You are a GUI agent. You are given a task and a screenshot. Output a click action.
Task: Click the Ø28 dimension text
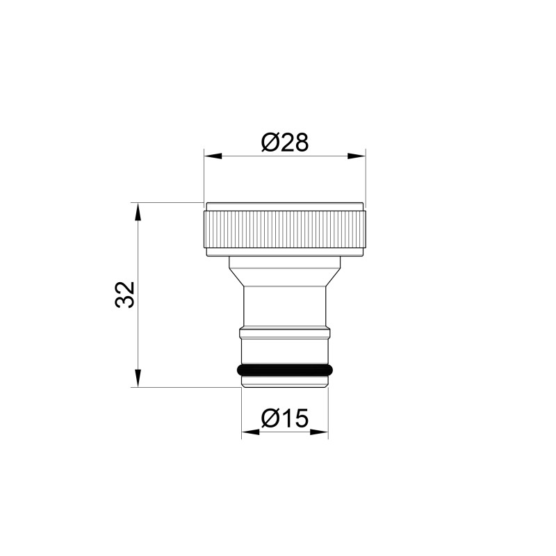point(284,142)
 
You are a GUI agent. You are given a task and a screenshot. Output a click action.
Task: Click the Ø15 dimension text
point(284,418)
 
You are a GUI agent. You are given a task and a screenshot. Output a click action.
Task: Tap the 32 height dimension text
point(124,295)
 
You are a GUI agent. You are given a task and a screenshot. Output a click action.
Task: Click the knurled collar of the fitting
point(284,229)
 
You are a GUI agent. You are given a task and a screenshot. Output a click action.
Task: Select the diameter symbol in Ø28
point(270,142)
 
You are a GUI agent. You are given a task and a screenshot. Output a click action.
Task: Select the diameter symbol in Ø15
point(270,418)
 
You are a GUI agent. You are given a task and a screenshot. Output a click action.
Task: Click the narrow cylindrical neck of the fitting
point(284,306)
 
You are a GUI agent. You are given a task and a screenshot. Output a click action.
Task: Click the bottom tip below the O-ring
point(284,380)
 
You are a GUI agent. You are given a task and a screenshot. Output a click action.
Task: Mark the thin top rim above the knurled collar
point(284,205)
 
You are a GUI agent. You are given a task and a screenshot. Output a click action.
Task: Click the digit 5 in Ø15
point(300,418)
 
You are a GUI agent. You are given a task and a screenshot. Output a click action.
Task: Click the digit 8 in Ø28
point(300,142)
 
